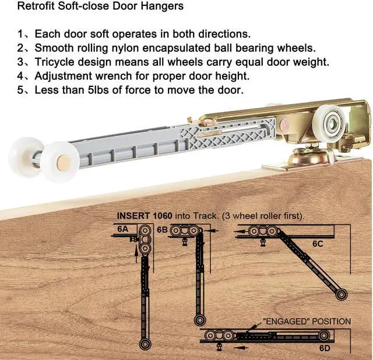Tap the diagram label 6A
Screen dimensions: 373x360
[122, 229]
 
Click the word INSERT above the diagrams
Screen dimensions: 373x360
[134, 215]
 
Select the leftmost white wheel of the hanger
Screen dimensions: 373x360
[23, 153]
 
